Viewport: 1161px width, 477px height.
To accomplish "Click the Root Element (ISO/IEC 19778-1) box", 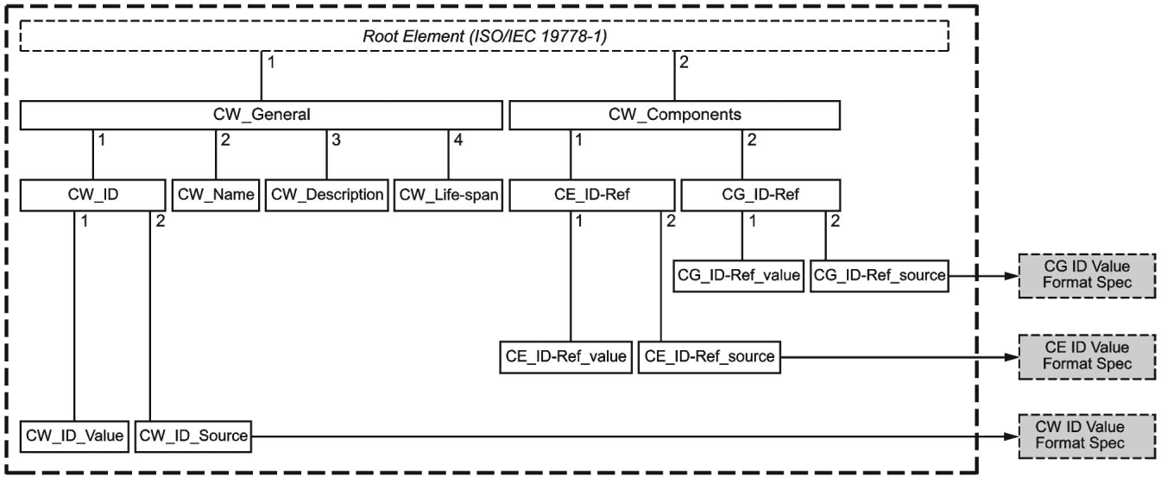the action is [484, 35].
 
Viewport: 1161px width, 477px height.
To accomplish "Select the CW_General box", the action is [262, 115].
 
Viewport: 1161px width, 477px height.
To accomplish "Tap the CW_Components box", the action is [674, 115].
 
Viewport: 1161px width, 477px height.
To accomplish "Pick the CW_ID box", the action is [93, 195].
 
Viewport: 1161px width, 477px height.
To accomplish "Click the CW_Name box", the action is [216, 195].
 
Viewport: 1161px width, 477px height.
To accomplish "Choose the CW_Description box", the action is [327, 195].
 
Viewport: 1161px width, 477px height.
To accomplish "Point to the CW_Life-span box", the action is [448, 195].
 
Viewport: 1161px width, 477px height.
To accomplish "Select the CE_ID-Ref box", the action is [592, 195].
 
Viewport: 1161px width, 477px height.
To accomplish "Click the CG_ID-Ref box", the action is [760, 195].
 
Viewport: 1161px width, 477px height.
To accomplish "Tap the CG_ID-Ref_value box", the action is [739, 275].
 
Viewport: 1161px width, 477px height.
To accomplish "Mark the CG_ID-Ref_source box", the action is [880, 275].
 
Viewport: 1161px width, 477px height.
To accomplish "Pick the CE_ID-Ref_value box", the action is [566, 357].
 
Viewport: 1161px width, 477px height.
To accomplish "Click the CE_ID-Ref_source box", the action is [709, 357].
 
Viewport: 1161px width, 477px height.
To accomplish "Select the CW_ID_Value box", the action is [74, 436].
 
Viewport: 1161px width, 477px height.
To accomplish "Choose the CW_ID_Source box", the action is [193, 436].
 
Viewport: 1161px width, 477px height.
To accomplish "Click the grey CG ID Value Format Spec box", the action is [1087, 275].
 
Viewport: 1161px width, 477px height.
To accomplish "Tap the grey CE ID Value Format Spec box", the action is [1087, 357].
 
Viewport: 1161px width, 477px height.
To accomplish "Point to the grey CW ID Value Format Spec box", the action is [1087, 436].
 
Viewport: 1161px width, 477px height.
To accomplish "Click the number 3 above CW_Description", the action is [337, 140].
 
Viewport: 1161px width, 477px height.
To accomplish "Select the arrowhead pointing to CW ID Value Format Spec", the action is [1011, 436].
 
